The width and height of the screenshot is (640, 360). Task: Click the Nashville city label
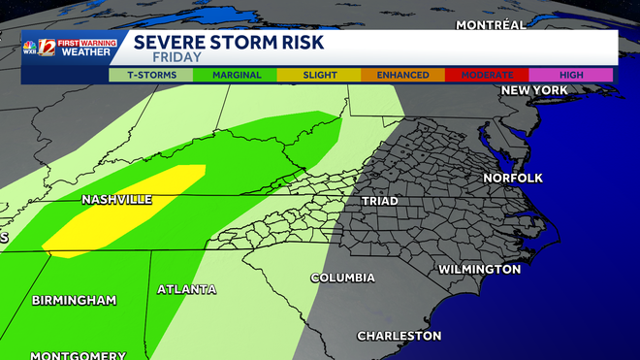click(117, 199)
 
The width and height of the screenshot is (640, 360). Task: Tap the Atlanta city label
click(187, 289)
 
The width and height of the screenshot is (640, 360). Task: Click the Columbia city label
click(342, 278)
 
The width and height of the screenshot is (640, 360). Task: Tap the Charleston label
click(400, 336)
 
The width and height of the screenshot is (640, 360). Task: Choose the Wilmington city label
click(479, 269)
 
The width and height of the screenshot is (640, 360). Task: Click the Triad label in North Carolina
click(379, 201)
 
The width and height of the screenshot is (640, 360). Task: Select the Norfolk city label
click(513, 178)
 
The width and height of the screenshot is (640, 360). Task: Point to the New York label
click(533, 90)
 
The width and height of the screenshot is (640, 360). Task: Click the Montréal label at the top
click(491, 24)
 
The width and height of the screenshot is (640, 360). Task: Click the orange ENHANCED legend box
click(402, 75)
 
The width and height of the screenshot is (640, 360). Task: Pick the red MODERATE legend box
click(487, 75)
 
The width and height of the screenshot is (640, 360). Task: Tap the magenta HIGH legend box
click(571, 75)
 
